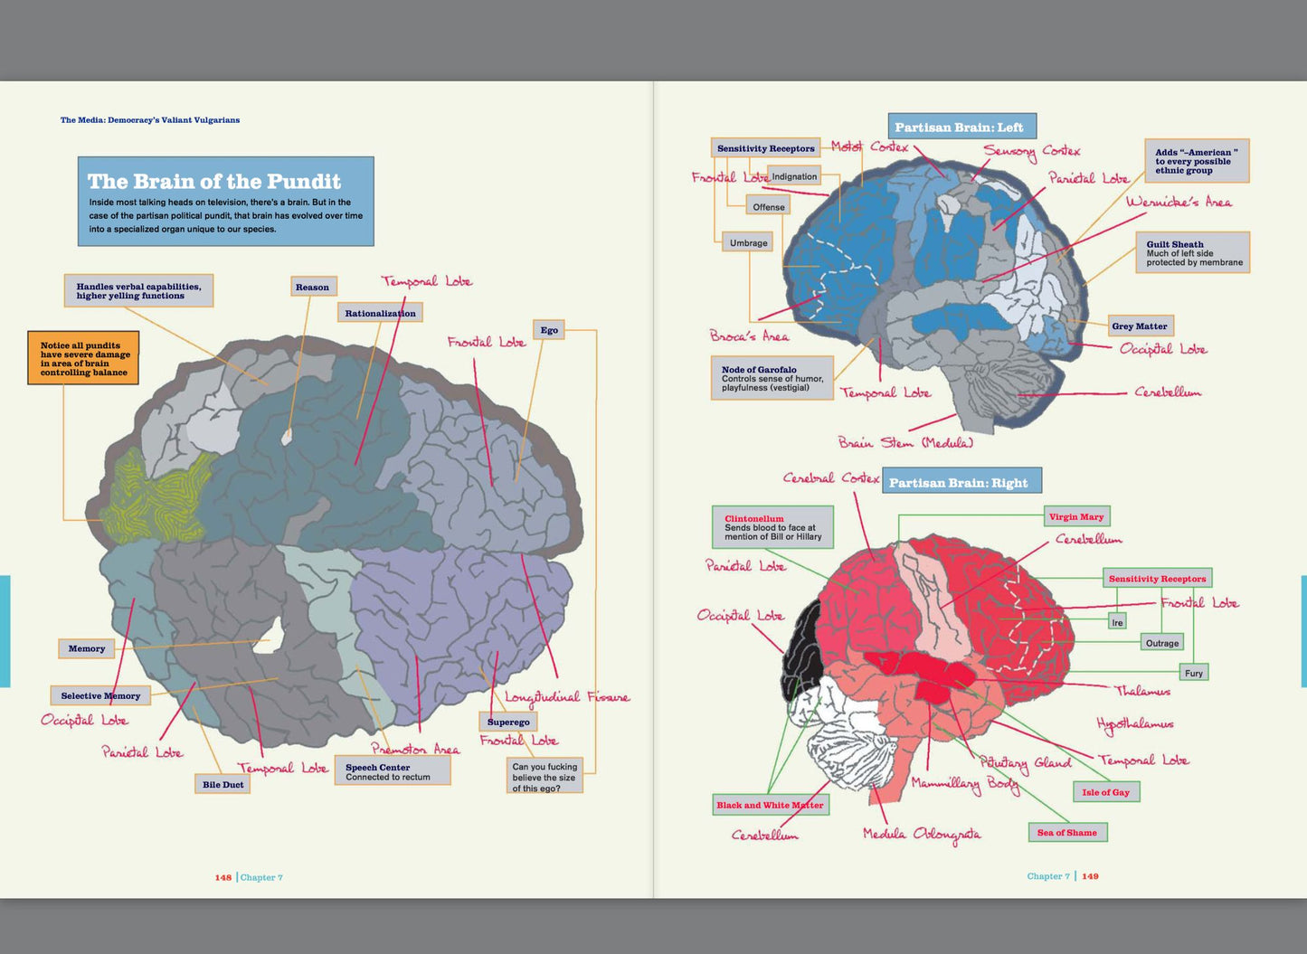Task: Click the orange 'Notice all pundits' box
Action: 83,358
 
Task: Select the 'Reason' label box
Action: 313,287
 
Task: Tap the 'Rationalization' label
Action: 380,313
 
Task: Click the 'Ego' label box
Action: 548,330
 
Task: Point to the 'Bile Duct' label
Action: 223,784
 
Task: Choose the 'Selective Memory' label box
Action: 100,695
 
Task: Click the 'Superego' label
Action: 508,722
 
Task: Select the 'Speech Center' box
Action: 393,771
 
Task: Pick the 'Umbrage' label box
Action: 748,242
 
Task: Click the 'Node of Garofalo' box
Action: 772,378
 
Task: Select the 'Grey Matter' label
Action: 1141,326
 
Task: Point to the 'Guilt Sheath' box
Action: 1193,252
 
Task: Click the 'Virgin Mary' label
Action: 1076,516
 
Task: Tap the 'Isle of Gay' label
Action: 1106,792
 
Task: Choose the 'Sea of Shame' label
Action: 1068,832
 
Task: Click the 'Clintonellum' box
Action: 772,527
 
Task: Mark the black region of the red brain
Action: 802,650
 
